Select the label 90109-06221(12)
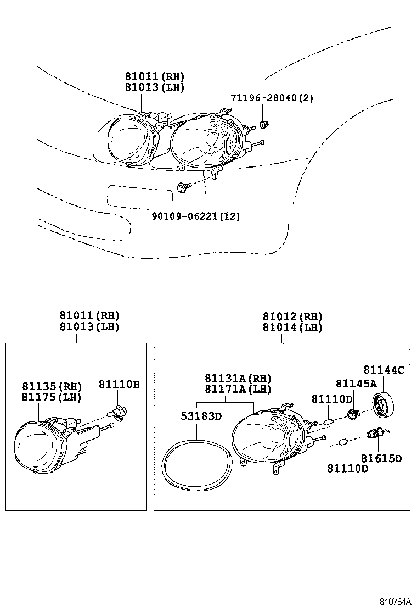195,216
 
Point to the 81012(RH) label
292,316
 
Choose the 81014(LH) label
292,327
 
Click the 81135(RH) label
52,386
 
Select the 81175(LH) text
52,396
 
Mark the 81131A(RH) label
238,378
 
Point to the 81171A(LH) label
238,389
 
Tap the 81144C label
384,370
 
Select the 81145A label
356,384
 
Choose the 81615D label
381,458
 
